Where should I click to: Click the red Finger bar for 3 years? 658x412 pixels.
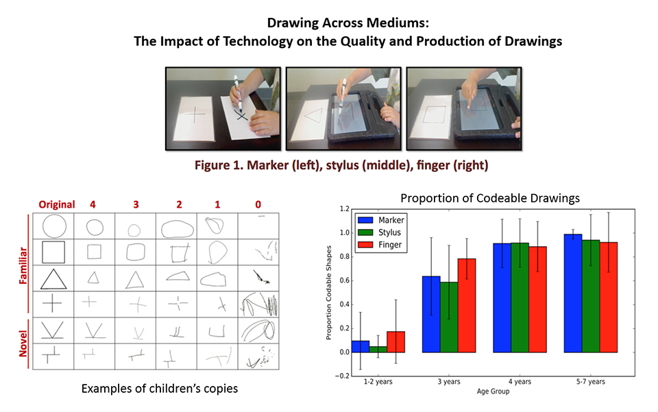coord(467,306)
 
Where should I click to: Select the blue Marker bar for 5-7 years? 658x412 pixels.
coord(573,293)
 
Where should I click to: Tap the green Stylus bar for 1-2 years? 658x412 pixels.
coord(378,350)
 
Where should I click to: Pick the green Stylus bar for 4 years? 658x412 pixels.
coord(520,298)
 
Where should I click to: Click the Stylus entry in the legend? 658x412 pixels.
coord(389,232)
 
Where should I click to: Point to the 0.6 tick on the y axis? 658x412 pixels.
coord(344,280)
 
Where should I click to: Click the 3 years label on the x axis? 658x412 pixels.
coord(448,381)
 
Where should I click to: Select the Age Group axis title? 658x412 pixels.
coord(493,391)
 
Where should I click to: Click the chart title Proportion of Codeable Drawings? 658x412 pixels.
coord(489,198)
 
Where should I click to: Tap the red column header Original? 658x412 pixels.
coord(57,204)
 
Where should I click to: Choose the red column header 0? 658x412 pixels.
coord(258,204)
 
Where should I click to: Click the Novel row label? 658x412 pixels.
coord(23,343)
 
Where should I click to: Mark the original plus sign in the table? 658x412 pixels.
coord(53,303)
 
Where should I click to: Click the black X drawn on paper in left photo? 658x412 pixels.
coord(241,115)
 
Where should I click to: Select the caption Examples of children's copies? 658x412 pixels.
coord(160,389)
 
